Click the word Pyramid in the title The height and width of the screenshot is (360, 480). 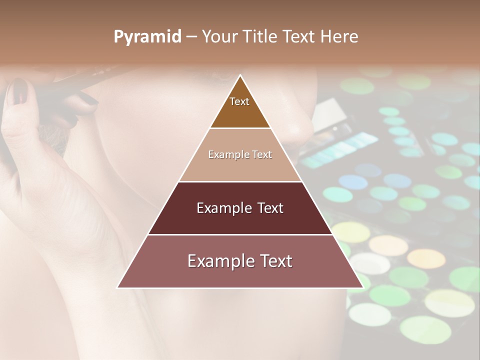(147, 37)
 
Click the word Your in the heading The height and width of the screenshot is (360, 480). (218, 37)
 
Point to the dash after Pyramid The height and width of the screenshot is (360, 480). (190, 37)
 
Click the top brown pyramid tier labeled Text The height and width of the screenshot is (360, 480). (239, 107)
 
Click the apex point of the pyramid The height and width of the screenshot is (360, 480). (240, 76)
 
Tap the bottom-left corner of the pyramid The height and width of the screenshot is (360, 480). (118, 287)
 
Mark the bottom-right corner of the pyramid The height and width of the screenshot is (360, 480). (362, 287)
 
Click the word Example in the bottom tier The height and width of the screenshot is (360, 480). (218, 261)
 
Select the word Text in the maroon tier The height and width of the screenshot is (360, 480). (267, 208)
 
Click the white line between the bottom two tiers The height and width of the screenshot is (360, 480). (240, 234)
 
